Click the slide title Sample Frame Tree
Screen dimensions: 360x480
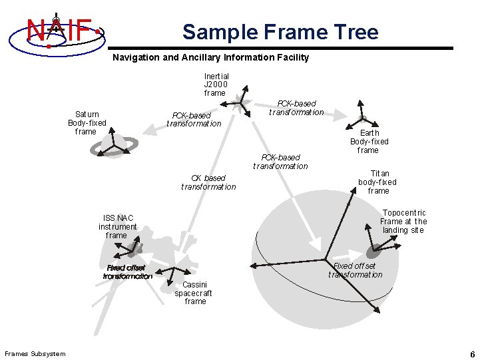point(280,32)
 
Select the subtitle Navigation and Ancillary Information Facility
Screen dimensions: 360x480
point(210,58)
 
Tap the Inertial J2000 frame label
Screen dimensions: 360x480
point(216,85)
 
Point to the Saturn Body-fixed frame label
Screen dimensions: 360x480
point(87,123)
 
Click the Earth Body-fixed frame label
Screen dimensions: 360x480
point(369,141)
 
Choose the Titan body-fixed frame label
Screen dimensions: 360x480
point(377,182)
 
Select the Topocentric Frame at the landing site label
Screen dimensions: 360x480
point(404,222)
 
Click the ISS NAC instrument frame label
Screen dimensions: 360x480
point(117,226)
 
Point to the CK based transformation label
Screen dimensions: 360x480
point(208,182)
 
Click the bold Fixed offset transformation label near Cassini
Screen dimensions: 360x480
point(128,272)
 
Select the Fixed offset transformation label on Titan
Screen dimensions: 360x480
point(356,270)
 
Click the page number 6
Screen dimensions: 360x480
point(471,353)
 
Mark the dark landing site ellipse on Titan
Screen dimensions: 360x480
point(375,252)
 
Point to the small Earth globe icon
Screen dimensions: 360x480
point(363,118)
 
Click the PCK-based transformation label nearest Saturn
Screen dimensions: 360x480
point(194,119)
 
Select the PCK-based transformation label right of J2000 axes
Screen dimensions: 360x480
point(296,108)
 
